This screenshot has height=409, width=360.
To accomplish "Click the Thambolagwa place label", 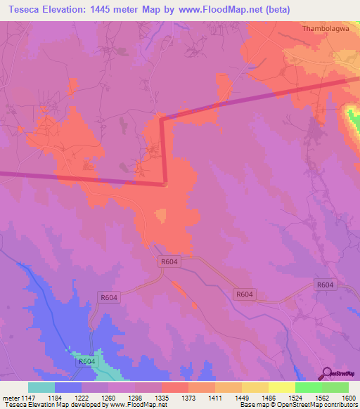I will pyautogui.click(x=326, y=29).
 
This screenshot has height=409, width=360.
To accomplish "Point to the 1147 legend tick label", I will pyautogui.click(x=27, y=397).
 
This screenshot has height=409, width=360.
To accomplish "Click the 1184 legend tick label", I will pyautogui.click(x=55, y=397).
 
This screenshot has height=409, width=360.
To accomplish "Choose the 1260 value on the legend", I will pyautogui.click(x=108, y=397).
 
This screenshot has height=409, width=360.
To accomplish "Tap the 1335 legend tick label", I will pyautogui.click(x=161, y=397).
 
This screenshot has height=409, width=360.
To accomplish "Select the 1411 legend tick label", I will pyautogui.click(x=214, y=397).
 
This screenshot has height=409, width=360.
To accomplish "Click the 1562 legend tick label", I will pyautogui.click(x=321, y=397).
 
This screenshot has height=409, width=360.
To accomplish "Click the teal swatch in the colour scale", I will pyautogui.click(x=41, y=387).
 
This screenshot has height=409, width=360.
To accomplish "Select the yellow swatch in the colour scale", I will pyautogui.click(x=281, y=387).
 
